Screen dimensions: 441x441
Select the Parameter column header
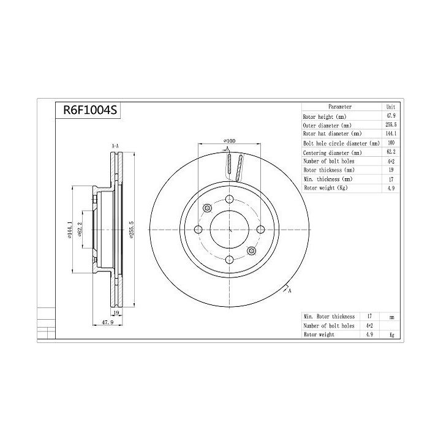click(x=340, y=107)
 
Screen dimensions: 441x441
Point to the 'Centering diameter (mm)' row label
click(x=332, y=152)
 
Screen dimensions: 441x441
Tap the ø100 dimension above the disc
click(x=228, y=141)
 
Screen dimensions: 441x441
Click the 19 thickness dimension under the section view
click(x=115, y=313)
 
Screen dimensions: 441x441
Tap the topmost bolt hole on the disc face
click(x=229, y=198)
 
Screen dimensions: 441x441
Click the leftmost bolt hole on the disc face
click(x=198, y=230)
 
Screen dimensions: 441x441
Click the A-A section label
click(x=115, y=146)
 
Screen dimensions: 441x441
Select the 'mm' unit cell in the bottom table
click(x=391, y=317)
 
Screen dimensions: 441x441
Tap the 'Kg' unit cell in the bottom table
click(x=391, y=335)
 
